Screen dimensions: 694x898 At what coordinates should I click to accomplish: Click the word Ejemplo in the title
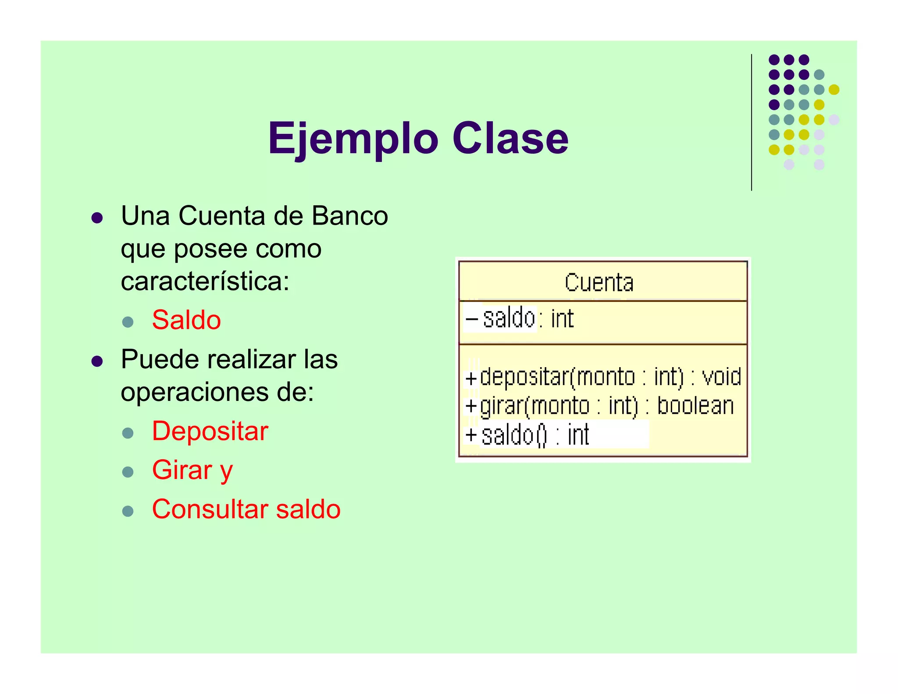point(353,139)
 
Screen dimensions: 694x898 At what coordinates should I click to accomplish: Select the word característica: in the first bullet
point(205,281)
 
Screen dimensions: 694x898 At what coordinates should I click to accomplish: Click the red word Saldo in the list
point(186,320)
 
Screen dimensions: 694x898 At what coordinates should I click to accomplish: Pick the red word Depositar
point(210,431)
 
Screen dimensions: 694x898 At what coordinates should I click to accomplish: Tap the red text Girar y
point(192,470)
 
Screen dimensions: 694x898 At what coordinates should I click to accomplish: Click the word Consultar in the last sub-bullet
point(210,509)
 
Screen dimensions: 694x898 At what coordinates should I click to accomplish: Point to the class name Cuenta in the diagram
point(599,283)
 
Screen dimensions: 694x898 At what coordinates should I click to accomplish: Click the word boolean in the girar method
point(695,406)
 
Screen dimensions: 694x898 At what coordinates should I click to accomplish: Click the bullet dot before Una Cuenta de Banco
point(97,218)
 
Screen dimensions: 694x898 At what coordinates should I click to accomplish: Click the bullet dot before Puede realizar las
point(97,361)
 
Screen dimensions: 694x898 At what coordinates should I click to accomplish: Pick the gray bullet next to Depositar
point(128,433)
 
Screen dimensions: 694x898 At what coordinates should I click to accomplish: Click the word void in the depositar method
point(721,377)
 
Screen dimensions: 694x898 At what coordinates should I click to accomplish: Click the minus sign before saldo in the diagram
point(472,318)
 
